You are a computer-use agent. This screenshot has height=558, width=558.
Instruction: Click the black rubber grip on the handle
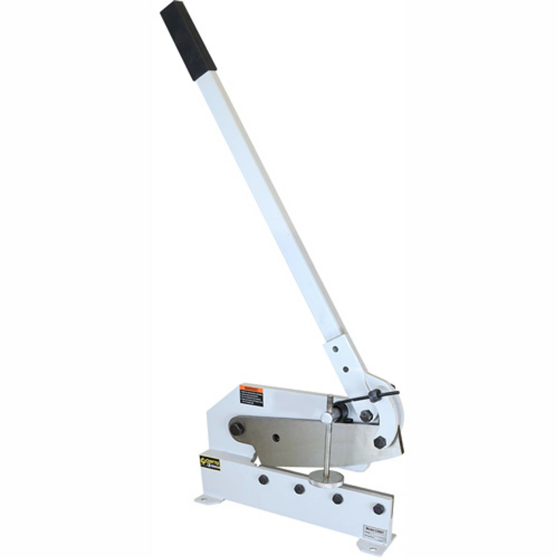tap(188, 41)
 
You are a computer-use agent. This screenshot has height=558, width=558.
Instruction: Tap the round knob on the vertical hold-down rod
tap(327, 417)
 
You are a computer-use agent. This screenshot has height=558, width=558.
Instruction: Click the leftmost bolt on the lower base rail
tap(263, 480)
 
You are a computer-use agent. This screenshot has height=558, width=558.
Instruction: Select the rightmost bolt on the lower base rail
tap(378, 509)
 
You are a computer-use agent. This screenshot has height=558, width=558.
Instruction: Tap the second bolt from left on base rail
tap(299, 489)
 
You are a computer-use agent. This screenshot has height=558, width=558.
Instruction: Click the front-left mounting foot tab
tap(204, 498)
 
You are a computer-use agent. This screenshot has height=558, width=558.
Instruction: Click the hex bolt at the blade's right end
tap(380, 442)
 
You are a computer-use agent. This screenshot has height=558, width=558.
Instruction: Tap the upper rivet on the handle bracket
tap(335, 349)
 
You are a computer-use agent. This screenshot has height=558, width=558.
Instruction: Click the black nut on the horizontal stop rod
tap(374, 396)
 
